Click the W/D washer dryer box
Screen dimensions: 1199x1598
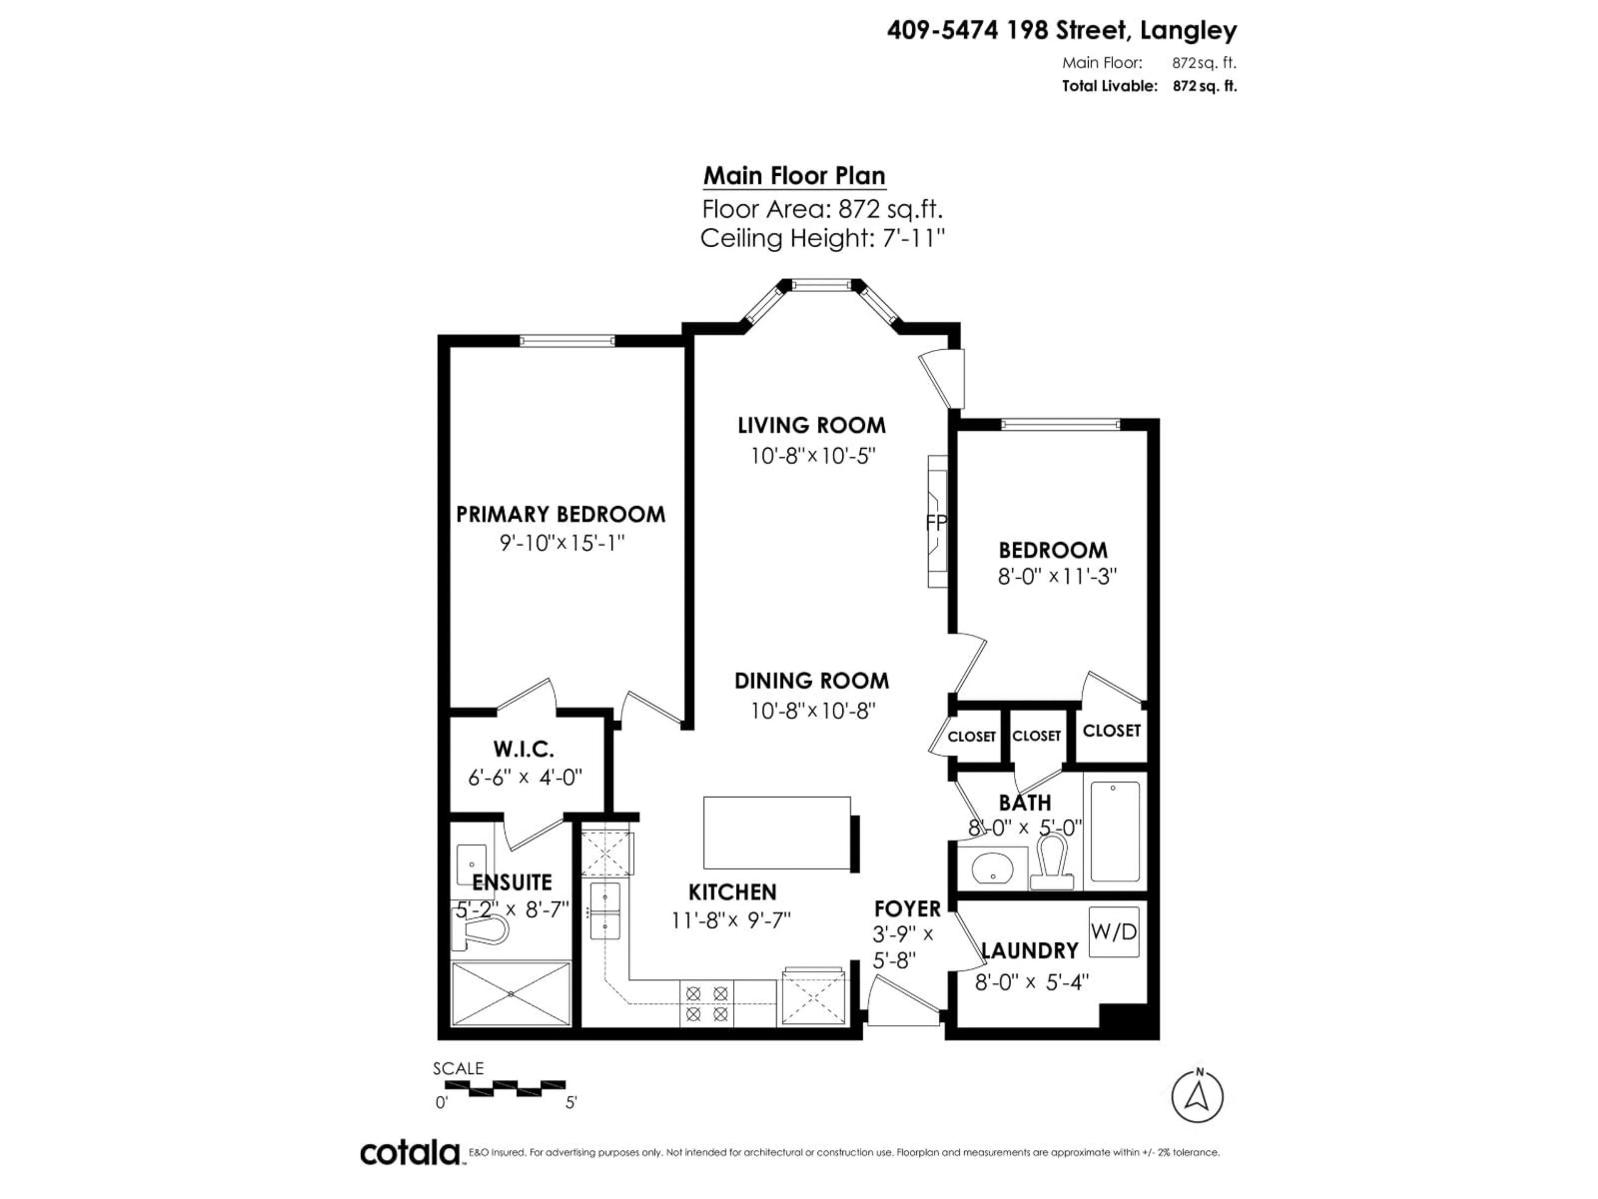[x=1113, y=932]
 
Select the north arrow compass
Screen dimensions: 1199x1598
[x=1197, y=1096]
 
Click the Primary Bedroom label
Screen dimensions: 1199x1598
[x=561, y=515]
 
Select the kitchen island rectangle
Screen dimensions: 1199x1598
[x=777, y=833]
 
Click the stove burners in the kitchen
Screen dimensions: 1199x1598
[x=707, y=1003]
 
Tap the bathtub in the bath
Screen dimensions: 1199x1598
[x=1115, y=831]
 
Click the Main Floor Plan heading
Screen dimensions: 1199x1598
[x=794, y=176]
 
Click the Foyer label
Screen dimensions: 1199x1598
[x=907, y=908]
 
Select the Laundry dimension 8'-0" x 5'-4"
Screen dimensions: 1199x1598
[x=1031, y=982]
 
